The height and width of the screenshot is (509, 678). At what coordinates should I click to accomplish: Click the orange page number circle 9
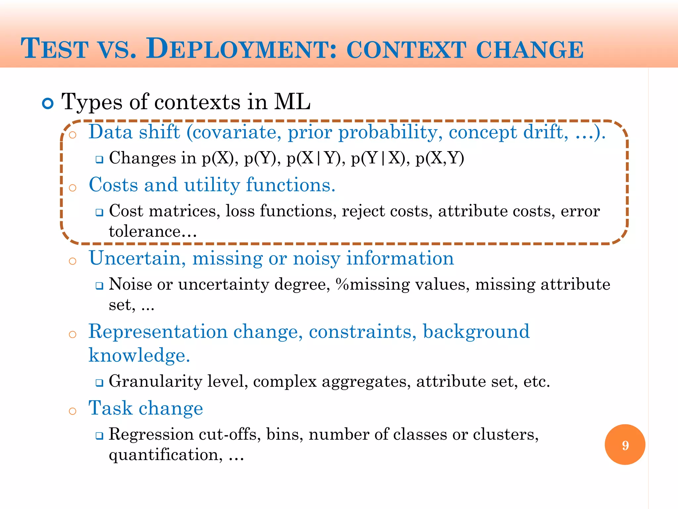[625, 444]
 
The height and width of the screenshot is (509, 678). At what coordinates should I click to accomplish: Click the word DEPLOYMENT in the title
[241, 49]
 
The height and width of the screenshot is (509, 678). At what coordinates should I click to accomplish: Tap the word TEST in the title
[55, 49]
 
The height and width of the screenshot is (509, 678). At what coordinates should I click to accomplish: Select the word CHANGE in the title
[530, 50]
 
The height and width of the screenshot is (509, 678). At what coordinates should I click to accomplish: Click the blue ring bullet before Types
[48, 104]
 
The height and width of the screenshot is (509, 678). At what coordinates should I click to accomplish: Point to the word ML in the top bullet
[292, 101]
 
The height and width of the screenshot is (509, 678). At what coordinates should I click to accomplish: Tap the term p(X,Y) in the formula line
[440, 158]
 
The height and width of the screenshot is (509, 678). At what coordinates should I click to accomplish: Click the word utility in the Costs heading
[212, 185]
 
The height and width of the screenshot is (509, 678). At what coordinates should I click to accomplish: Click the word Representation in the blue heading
[158, 331]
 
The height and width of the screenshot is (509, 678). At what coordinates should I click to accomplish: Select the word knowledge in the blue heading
[139, 356]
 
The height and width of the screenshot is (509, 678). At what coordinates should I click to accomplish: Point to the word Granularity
[155, 381]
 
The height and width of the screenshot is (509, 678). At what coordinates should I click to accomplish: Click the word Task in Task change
[110, 408]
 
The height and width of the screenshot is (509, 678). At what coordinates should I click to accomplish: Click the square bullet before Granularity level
[99, 383]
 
